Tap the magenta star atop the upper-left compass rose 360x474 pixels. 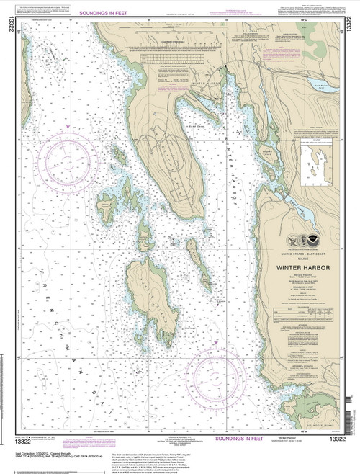pyautogui.click(x=66, y=127)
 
